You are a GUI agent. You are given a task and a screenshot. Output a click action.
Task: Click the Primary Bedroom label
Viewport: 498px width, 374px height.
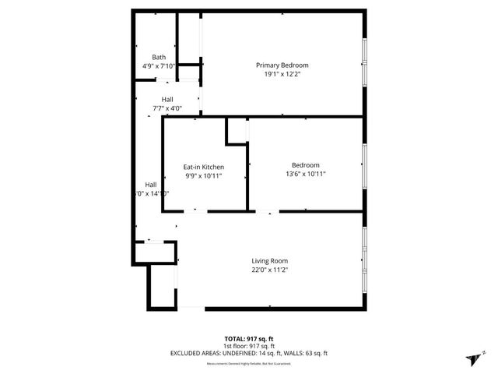282,65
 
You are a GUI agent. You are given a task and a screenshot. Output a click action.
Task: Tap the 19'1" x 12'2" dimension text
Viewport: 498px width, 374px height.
282,74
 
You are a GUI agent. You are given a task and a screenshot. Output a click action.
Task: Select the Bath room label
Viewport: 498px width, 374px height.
159,57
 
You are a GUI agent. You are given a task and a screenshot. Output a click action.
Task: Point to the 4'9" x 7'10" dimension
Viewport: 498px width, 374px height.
159,66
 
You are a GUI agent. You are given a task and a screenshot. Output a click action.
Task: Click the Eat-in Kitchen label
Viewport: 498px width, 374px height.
204,168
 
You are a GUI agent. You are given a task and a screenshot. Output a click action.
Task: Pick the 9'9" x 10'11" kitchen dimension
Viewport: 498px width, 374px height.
204,177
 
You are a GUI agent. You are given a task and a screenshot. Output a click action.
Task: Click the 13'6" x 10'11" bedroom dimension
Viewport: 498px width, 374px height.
305,174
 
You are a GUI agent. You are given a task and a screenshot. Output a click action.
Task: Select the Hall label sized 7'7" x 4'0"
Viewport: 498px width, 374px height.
167,100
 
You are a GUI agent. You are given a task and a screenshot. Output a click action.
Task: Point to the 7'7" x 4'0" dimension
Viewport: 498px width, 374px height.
167,108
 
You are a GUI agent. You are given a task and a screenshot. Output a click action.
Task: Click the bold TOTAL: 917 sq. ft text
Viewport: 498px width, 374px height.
249,338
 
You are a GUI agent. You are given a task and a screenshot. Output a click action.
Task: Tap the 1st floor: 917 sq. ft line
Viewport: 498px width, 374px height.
249,345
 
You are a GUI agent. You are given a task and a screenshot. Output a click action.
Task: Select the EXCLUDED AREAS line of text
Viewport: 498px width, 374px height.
249,353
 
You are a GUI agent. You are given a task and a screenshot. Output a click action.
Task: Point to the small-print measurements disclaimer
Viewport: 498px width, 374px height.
249,363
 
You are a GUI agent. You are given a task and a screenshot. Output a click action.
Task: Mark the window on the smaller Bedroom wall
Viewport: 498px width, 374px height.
363,165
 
